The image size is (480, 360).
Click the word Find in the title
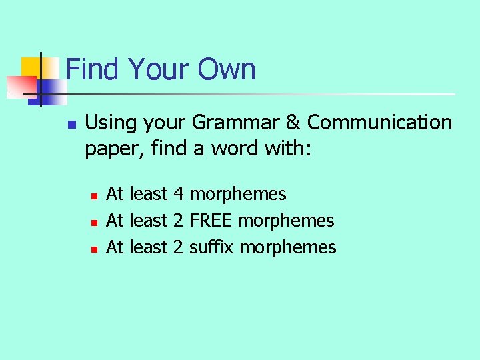(93, 69)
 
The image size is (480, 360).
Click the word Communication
(380, 123)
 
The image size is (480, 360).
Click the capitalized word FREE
(211, 221)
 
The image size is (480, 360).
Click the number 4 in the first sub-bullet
(178, 194)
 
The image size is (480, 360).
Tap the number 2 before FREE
(178, 221)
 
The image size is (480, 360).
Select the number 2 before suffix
(178, 247)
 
